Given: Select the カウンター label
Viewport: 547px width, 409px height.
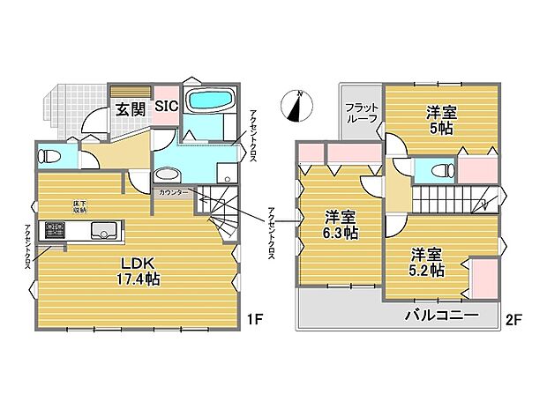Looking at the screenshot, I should pos(173,192).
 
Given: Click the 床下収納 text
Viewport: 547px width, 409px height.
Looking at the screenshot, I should pos(80,207).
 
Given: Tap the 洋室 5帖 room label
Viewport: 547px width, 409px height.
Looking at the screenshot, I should pos(442,120).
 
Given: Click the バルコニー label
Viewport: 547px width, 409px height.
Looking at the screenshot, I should pos(442,316).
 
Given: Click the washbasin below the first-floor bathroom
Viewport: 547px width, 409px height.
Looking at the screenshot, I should pos(168,174).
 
